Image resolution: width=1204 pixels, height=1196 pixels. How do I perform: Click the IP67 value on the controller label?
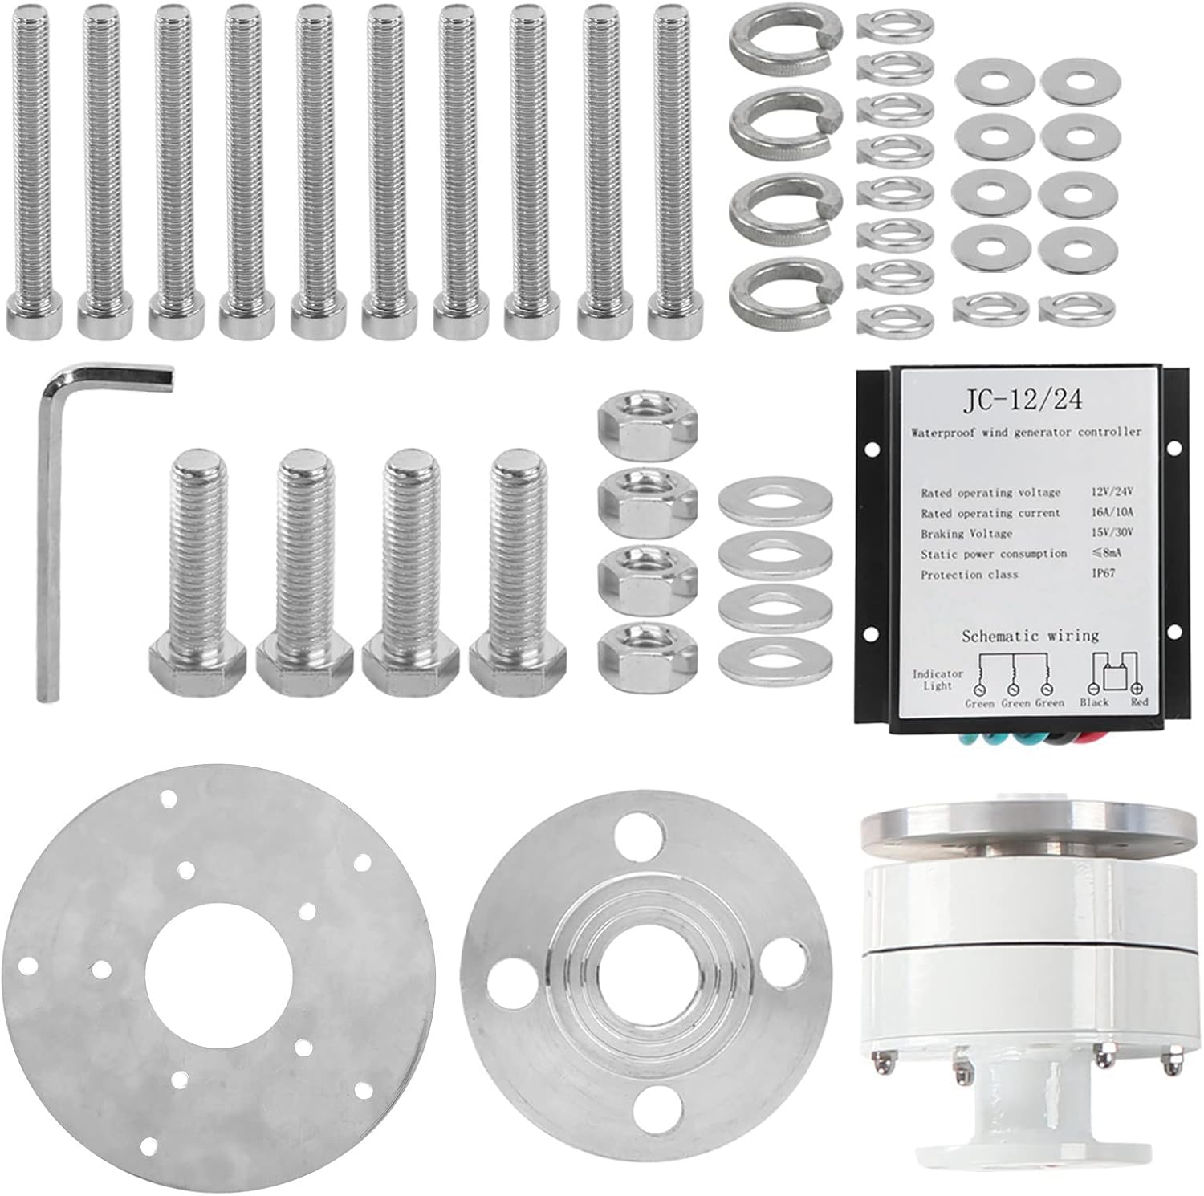point(1103,573)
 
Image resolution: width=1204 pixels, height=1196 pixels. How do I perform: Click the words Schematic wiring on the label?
point(1031,636)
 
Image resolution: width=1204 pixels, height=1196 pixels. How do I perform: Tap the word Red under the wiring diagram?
point(1138,702)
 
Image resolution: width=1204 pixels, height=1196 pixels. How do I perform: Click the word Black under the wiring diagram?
point(1094,702)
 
